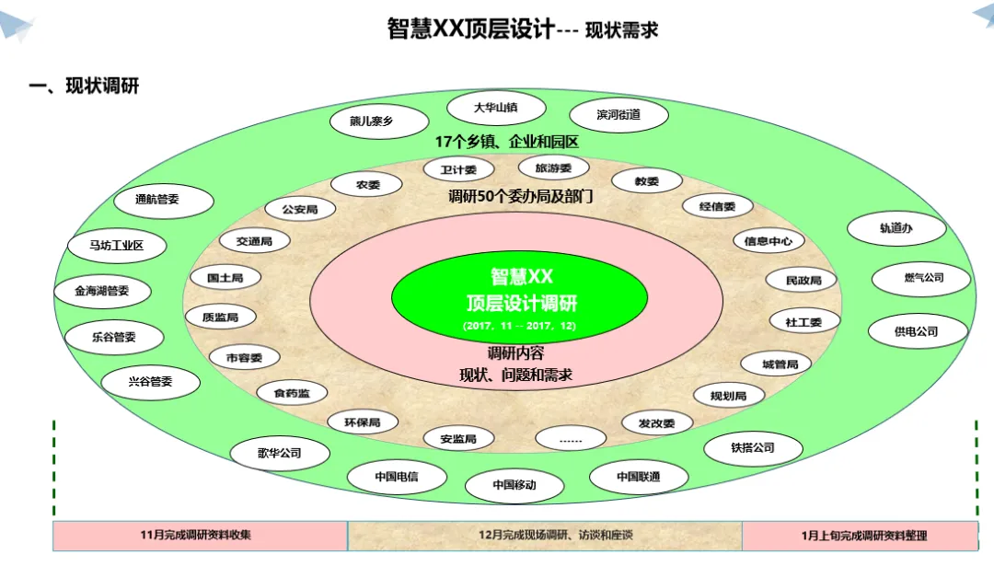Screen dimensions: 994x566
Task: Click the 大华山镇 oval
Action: point(495,108)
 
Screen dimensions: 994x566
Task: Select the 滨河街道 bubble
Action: point(618,115)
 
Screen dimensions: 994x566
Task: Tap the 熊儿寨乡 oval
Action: point(378,121)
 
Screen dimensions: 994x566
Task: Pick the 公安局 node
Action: point(300,210)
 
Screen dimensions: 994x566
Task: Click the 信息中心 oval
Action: point(769,241)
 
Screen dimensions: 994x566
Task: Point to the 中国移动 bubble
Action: point(514,485)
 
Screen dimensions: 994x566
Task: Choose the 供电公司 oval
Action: point(917,331)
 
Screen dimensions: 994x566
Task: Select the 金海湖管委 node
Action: point(102,291)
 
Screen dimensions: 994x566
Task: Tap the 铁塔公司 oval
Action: point(753,448)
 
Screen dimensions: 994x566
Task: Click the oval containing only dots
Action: point(571,440)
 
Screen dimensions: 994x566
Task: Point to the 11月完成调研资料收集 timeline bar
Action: point(200,536)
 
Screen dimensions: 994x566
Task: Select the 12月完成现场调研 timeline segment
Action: point(544,536)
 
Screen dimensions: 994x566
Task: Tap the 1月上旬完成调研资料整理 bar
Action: point(860,536)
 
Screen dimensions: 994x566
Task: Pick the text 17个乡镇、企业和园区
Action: point(506,143)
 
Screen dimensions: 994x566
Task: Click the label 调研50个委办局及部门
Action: point(520,196)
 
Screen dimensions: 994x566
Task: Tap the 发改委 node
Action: point(656,423)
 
